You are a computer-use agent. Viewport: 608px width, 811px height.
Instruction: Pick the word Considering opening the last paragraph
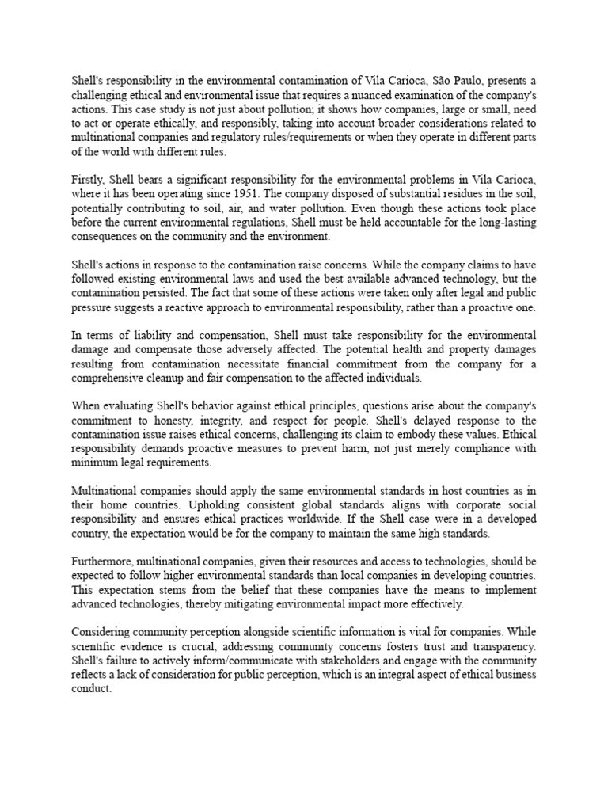[105, 633]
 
